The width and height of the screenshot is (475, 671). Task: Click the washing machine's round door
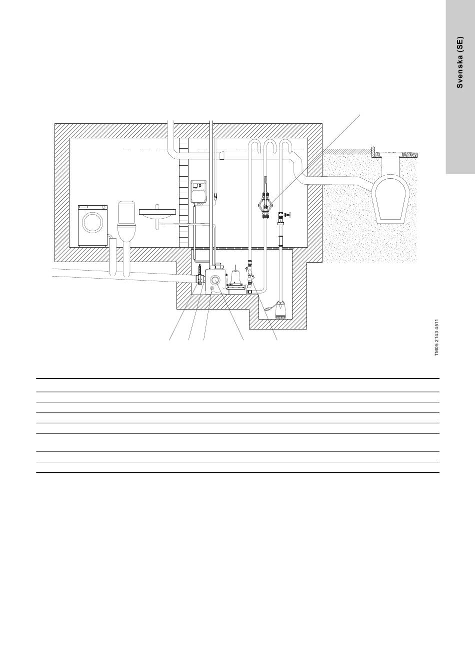[x=92, y=222]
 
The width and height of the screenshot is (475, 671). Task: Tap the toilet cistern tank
[x=127, y=212]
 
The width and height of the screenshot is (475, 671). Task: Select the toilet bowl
[x=126, y=233]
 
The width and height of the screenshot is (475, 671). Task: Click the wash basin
[x=157, y=213]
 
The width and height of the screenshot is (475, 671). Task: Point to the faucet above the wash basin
[x=156, y=206]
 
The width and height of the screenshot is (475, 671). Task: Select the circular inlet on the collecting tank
[x=215, y=281]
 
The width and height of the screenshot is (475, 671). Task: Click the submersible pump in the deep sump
[x=282, y=311]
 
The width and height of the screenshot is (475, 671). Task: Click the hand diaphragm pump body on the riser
[x=265, y=205]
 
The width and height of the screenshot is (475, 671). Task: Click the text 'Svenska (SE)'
[x=459, y=62]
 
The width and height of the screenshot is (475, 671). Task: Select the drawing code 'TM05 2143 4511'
[x=436, y=337]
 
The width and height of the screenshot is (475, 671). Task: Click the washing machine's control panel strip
[x=92, y=207]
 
